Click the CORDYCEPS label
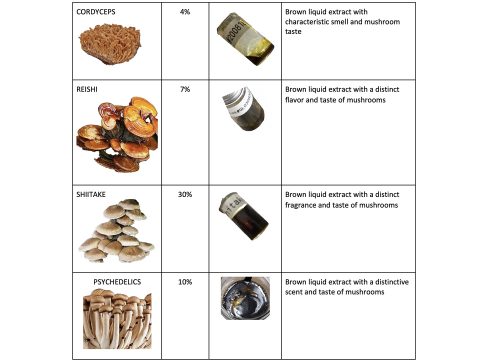pos(96,12)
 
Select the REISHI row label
pos(87,89)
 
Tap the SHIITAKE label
pos(91,194)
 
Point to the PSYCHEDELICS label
pos(117,282)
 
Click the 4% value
pos(185,12)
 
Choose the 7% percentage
pos(185,89)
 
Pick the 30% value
pos(185,194)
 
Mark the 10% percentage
pos(185,282)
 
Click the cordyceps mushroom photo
pos(110,44)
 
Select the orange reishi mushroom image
pos(117,134)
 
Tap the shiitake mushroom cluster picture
pos(117,231)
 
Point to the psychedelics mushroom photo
pos(117,319)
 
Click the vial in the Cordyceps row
pos(245,39)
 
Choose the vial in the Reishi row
pos(243,109)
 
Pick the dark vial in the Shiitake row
pos(244,216)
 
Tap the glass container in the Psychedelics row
pos(245,298)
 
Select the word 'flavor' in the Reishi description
pos(294,100)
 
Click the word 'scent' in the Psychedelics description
pos(294,292)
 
